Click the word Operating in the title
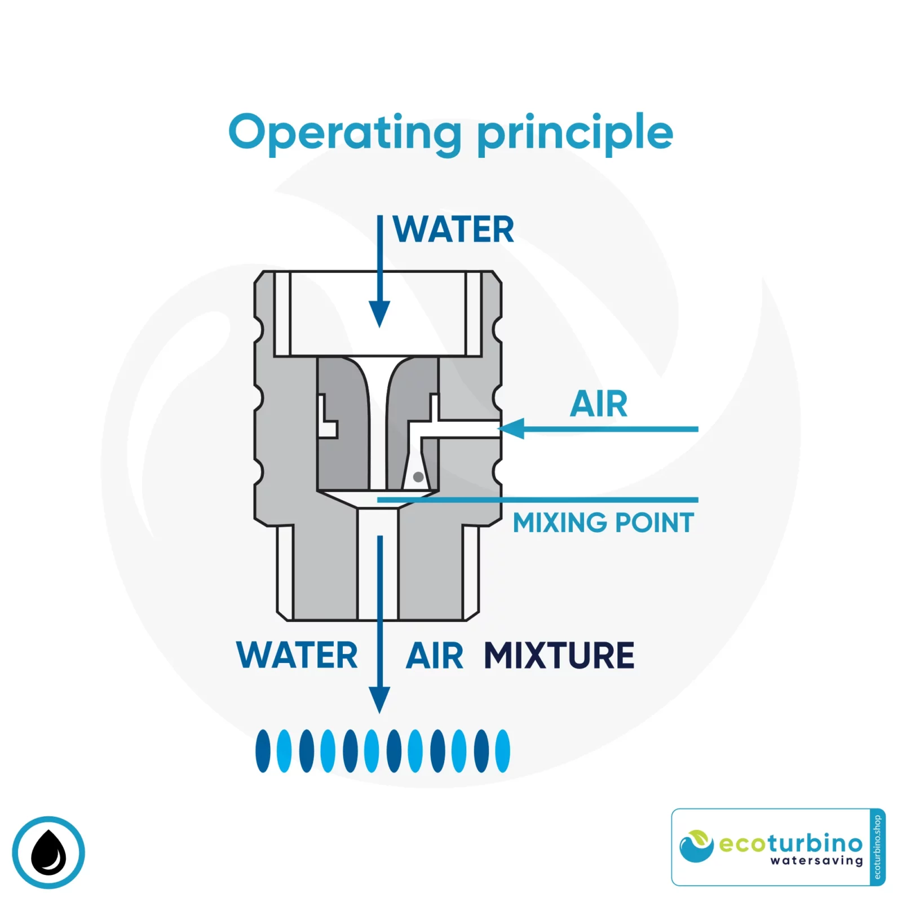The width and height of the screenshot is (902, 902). [x=344, y=133]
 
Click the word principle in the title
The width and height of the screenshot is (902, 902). [x=575, y=133]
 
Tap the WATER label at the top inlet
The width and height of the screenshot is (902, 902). [x=454, y=229]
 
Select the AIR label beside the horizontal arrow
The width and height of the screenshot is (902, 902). [x=599, y=404]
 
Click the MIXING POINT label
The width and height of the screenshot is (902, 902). [x=603, y=523]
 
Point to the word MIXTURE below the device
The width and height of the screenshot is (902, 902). [x=559, y=656]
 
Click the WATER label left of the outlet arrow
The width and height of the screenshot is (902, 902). [x=297, y=656]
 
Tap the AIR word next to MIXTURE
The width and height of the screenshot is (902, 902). [x=435, y=656]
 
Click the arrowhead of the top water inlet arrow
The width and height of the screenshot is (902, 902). [x=379, y=313]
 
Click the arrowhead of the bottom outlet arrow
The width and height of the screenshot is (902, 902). [x=379, y=699]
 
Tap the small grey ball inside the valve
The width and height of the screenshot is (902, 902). [x=418, y=477]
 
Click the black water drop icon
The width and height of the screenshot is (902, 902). [x=48, y=852]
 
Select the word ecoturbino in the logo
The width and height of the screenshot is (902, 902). [x=791, y=843]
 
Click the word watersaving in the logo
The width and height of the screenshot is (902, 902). [x=817, y=861]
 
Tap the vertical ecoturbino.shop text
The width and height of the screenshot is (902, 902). [x=877, y=847]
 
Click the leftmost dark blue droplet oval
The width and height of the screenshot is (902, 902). [x=263, y=751]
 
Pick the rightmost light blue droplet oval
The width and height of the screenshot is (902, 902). [x=502, y=751]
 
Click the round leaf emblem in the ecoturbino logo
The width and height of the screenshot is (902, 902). [x=697, y=846]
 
